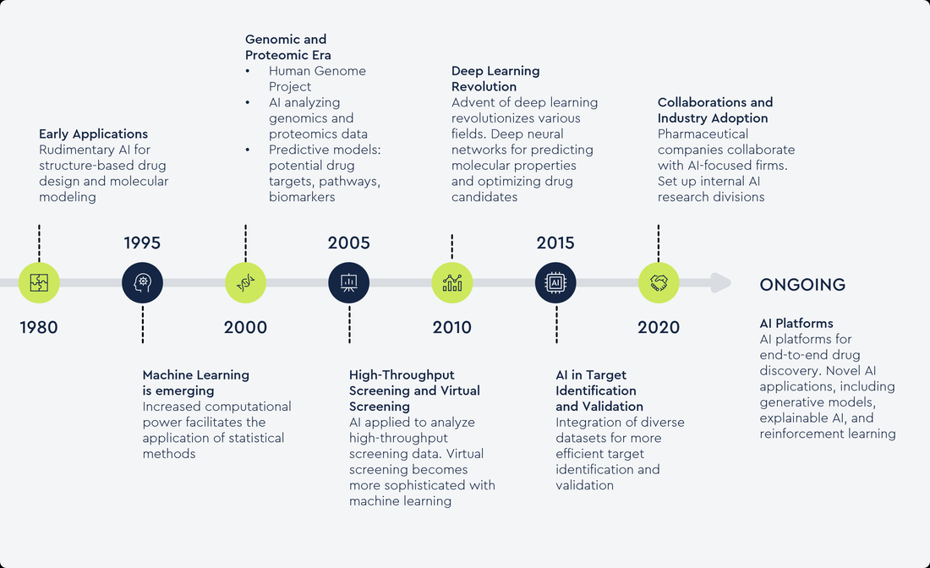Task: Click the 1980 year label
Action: click(x=39, y=327)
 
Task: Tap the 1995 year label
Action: click(x=142, y=243)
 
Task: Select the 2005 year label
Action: click(x=348, y=243)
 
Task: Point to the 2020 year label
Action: click(x=659, y=327)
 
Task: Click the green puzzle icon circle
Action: click(x=39, y=283)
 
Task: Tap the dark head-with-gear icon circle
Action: click(x=142, y=283)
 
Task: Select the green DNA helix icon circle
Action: click(x=245, y=283)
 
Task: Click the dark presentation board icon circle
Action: click(x=348, y=283)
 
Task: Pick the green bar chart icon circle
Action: click(x=452, y=283)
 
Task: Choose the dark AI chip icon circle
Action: click(x=555, y=283)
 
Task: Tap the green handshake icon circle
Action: click(x=659, y=283)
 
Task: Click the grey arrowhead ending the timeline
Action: click(x=720, y=283)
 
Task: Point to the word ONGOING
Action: click(x=802, y=285)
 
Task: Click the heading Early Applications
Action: click(x=93, y=134)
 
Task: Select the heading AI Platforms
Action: click(x=796, y=323)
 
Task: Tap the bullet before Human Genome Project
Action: click(x=248, y=71)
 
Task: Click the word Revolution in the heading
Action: click(x=484, y=86)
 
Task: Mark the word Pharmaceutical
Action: click(x=703, y=134)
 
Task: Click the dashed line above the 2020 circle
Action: click(x=659, y=243)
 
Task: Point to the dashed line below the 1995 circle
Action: click(x=142, y=324)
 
